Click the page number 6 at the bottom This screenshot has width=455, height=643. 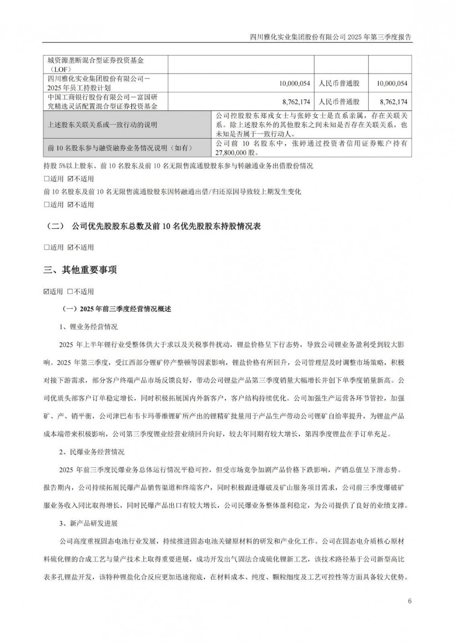point(409,601)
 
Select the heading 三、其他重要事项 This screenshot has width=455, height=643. point(80,270)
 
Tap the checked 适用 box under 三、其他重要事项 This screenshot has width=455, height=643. point(46,291)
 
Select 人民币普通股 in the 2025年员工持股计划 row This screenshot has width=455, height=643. point(339,83)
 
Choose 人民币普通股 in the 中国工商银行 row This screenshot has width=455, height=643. point(339,102)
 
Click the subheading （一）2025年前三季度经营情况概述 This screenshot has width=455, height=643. point(116,309)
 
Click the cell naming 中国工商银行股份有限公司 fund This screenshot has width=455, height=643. point(102,102)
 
